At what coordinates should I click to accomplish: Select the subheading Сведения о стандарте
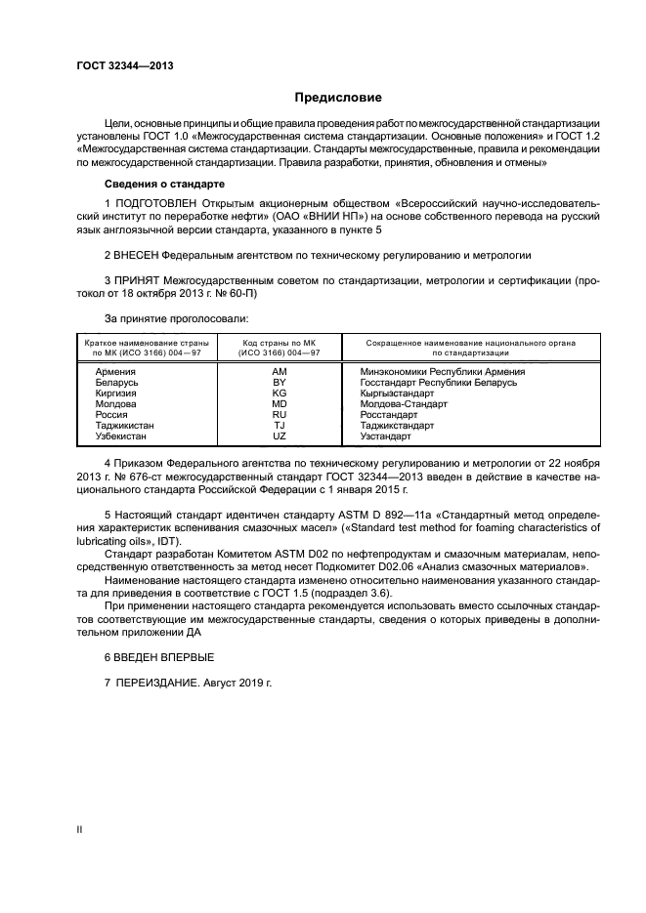(x=164, y=185)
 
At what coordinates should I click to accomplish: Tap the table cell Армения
(x=114, y=371)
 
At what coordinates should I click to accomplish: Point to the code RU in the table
(x=279, y=414)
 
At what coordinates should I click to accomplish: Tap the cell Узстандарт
(x=386, y=436)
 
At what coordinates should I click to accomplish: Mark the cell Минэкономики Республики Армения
(x=443, y=371)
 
